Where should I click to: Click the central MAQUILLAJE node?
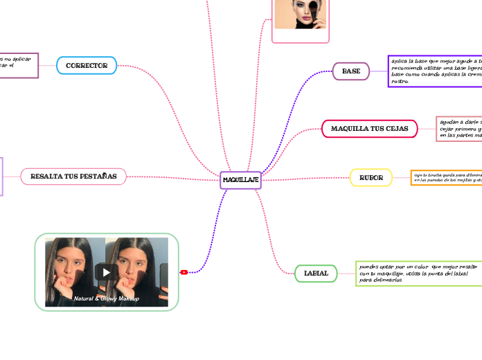[241, 180]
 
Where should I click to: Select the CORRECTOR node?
[87, 66]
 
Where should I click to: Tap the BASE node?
[351, 71]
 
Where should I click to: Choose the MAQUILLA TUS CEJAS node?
[370, 129]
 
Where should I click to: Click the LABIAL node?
[316, 273]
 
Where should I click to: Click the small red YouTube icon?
[184, 272]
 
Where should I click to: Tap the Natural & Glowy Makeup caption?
[107, 298]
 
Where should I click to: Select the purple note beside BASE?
[435, 71]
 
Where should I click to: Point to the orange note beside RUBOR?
[446, 178]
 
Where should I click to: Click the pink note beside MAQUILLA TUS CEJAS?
[458, 129]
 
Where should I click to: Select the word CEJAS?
[395, 129]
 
